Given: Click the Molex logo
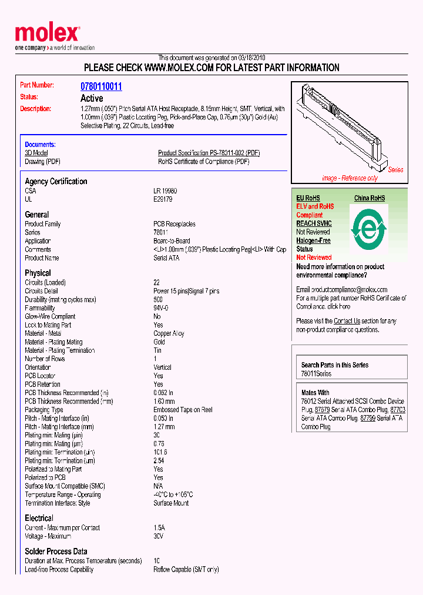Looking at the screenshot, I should (47, 34).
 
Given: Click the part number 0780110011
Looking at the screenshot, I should (101, 86).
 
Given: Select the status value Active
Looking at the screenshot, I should (92, 98).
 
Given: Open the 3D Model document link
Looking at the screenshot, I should (36, 153).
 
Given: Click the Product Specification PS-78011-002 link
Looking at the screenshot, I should (209, 153).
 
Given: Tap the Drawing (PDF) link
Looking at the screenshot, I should (42, 162).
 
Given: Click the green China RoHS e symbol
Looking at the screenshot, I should (368, 226).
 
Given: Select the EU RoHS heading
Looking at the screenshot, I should (308, 198).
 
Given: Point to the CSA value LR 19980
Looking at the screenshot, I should (165, 191).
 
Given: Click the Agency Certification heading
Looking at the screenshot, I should (56, 182).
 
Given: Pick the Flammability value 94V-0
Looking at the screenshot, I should (161, 308).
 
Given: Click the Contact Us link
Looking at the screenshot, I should (347, 321).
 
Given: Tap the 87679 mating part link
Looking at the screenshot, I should (321, 410).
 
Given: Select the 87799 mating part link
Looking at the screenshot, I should (368, 418).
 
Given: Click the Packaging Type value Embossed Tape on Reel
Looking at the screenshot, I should (183, 410).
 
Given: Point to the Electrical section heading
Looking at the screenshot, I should (39, 518).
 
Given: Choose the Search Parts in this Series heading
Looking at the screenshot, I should (335, 365).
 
